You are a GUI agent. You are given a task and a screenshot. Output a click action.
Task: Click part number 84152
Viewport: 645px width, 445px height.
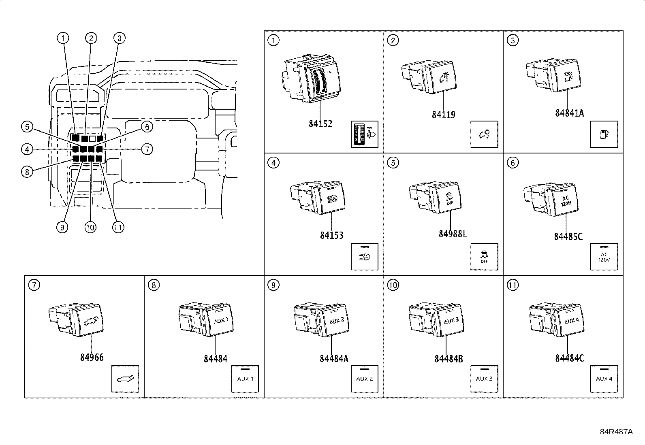[x=320, y=124]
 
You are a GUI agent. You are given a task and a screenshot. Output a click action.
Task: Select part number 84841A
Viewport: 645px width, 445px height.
[x=569, y=113]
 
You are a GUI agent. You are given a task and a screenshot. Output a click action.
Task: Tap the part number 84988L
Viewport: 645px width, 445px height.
[x=453, y=234]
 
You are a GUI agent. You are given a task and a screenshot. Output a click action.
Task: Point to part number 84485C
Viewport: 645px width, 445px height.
[x=568, y=236]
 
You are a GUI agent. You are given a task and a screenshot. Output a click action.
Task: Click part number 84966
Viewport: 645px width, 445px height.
[x=92, y=357]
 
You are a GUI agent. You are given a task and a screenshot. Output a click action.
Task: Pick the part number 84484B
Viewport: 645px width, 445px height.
[x=449, y=359]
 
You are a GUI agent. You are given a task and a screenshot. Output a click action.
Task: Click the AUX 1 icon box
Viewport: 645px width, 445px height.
[x=245, y=379]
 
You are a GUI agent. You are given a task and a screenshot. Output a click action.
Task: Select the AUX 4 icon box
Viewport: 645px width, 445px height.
[x=604, y=379]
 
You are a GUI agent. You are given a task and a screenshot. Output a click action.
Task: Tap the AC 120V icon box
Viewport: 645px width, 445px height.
[x=604, y=257]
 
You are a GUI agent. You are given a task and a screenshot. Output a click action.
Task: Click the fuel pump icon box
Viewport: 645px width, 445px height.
[x=604, y=134]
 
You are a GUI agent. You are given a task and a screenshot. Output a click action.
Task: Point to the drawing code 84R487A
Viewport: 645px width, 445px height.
[x=616, y=432]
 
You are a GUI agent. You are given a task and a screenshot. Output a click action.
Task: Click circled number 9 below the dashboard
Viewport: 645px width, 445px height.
[x=62, y=227]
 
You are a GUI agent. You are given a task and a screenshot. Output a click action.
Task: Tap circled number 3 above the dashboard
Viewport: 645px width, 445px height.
[x=119, y=38]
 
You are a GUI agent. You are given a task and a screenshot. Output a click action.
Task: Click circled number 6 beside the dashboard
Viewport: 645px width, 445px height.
[x=147, y=127]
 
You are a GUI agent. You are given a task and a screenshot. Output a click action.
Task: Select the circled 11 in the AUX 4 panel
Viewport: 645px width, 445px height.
[x=513, y=285]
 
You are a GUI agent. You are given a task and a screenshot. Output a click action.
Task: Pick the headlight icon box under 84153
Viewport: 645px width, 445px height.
[x=365, y=257]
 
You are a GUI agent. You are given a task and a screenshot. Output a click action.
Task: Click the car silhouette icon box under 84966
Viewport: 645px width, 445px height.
[x=125, y=379]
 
